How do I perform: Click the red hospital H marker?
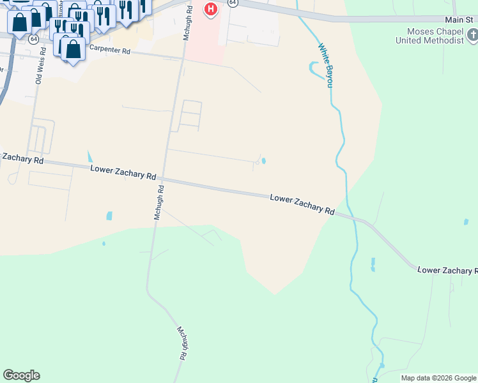210,10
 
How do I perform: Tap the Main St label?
461,20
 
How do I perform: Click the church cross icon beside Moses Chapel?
472,34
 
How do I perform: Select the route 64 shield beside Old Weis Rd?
33,39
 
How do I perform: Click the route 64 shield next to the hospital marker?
233,3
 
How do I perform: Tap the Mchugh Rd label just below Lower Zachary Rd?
159,202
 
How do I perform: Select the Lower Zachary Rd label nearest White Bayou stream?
302,205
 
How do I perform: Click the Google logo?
21,375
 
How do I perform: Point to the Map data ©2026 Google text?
438,378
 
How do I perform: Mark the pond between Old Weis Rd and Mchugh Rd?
109,216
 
